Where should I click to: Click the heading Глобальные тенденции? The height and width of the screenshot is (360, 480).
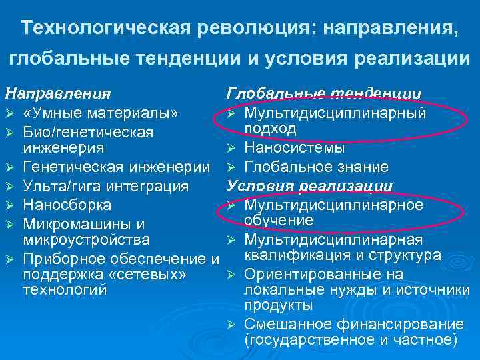click(324, 93)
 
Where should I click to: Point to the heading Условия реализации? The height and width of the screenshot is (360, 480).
click(310, 186)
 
